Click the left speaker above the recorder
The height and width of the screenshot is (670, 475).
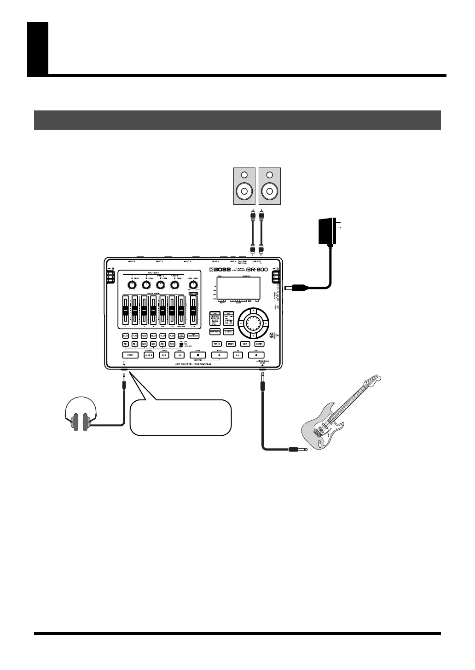click(x=244, y=185)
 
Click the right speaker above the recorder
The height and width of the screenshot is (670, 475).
click(x=269, y=185)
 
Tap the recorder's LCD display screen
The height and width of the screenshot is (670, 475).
click(x=238, y=289)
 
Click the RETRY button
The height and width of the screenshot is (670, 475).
click(x=130, y=355)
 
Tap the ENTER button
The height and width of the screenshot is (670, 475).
click(x=259, y=344)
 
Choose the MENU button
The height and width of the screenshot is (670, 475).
click(x=231, y=344)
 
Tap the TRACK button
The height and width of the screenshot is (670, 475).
click(x=217, y=344)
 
